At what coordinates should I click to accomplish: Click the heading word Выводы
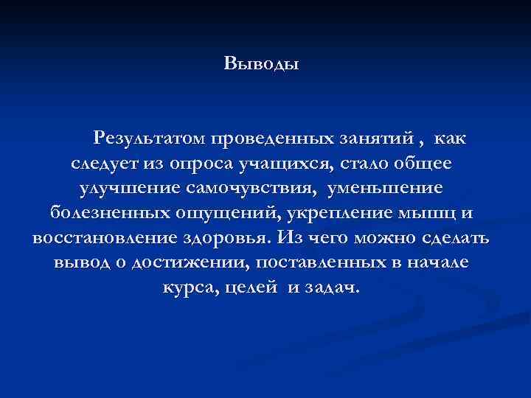[x=261, y=63]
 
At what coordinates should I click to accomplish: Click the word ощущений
[x=230, y=213]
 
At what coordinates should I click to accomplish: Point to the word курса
[x=184, y=288]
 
